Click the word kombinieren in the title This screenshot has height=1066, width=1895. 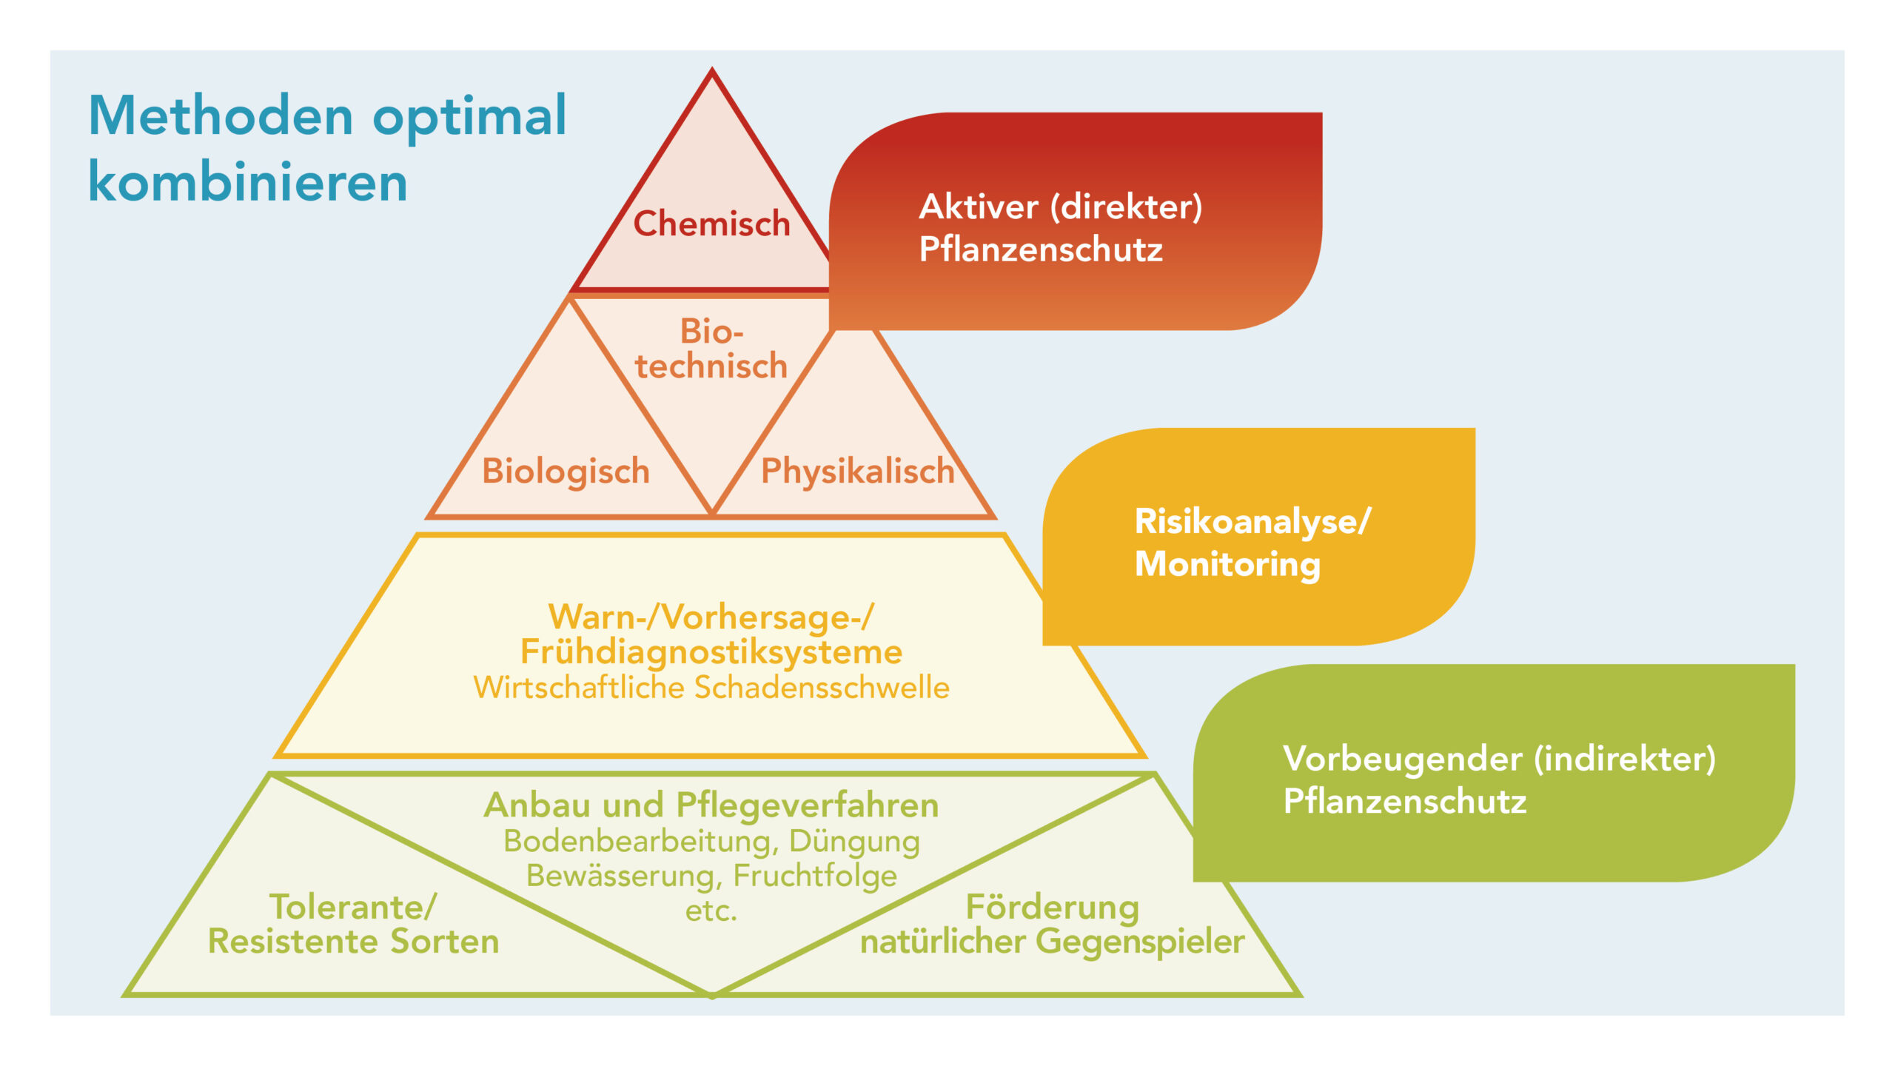click(x=248, y=181)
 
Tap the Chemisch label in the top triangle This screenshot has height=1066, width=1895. click(x=712, y=224)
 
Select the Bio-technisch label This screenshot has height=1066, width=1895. click(x=711, y=349)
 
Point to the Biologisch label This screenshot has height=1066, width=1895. click(x=566, y=472)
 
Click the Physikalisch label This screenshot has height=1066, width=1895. click(x=858, y=472)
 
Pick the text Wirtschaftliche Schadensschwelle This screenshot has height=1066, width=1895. click(x=711, y=688)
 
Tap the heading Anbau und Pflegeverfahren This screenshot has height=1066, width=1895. click(x=711, y=805)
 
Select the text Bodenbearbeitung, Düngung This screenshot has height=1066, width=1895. click(x=711, y=842)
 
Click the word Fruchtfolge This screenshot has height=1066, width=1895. click(x=815, y=876)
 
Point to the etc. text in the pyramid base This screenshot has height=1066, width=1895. click(x=711, y=911)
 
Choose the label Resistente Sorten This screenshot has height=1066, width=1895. click(x=354, y=942)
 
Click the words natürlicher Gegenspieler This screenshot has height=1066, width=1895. click(x=1053, y=942)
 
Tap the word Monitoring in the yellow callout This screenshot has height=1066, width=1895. click(x=1228, y=565)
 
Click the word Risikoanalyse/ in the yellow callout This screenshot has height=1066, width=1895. click(x=1253, y=522)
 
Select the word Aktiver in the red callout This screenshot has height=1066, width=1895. click(x=979, y=207)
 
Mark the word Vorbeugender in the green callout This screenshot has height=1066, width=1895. click(x=1403, y=760)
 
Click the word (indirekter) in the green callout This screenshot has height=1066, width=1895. click(x=1625, y=760)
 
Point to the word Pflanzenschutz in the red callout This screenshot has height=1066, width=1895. click(x=1041, y=249)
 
